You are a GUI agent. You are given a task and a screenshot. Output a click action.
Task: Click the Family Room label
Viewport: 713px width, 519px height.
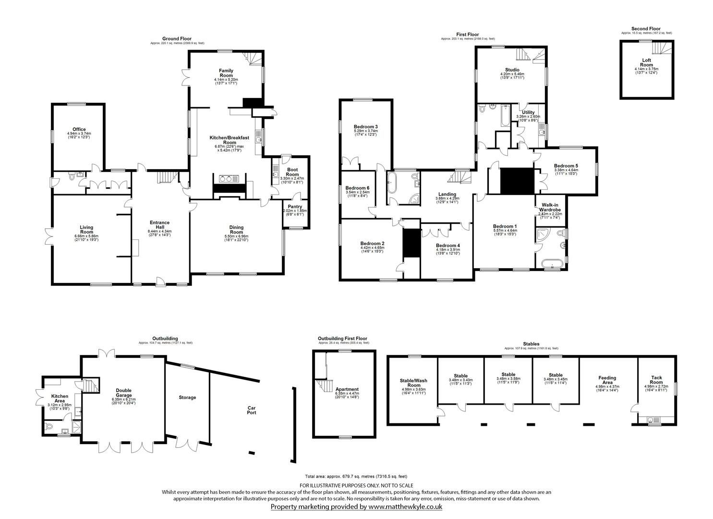(x=226, y=73)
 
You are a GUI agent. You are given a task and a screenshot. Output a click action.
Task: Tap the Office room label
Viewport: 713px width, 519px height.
(x=79, y=129)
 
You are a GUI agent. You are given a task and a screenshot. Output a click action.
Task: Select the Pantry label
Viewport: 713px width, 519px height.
(x=295, y=207)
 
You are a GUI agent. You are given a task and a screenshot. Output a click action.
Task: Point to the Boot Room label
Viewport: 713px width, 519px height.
(x=292, y=172)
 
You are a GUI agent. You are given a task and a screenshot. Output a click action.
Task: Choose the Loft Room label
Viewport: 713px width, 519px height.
(x=646, y=62)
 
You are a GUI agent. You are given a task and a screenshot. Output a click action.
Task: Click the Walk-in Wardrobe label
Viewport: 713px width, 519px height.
(x=550, y=208)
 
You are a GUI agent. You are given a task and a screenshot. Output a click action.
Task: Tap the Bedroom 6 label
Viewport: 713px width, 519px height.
(x=357, y=188)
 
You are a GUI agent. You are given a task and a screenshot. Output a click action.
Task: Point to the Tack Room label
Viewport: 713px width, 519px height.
(x=656, y=380)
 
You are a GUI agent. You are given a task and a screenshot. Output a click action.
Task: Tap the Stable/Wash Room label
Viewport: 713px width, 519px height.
(x=413, y=383)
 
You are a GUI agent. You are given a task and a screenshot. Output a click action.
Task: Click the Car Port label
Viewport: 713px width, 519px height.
(x=252, y=410)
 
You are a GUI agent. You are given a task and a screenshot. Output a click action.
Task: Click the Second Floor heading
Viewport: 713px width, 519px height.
(x=646, y=28)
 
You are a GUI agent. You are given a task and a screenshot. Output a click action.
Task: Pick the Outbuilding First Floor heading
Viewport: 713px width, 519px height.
(x=343, y=338)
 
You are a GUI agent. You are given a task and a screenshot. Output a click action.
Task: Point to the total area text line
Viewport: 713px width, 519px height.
(x=356, y=476)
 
